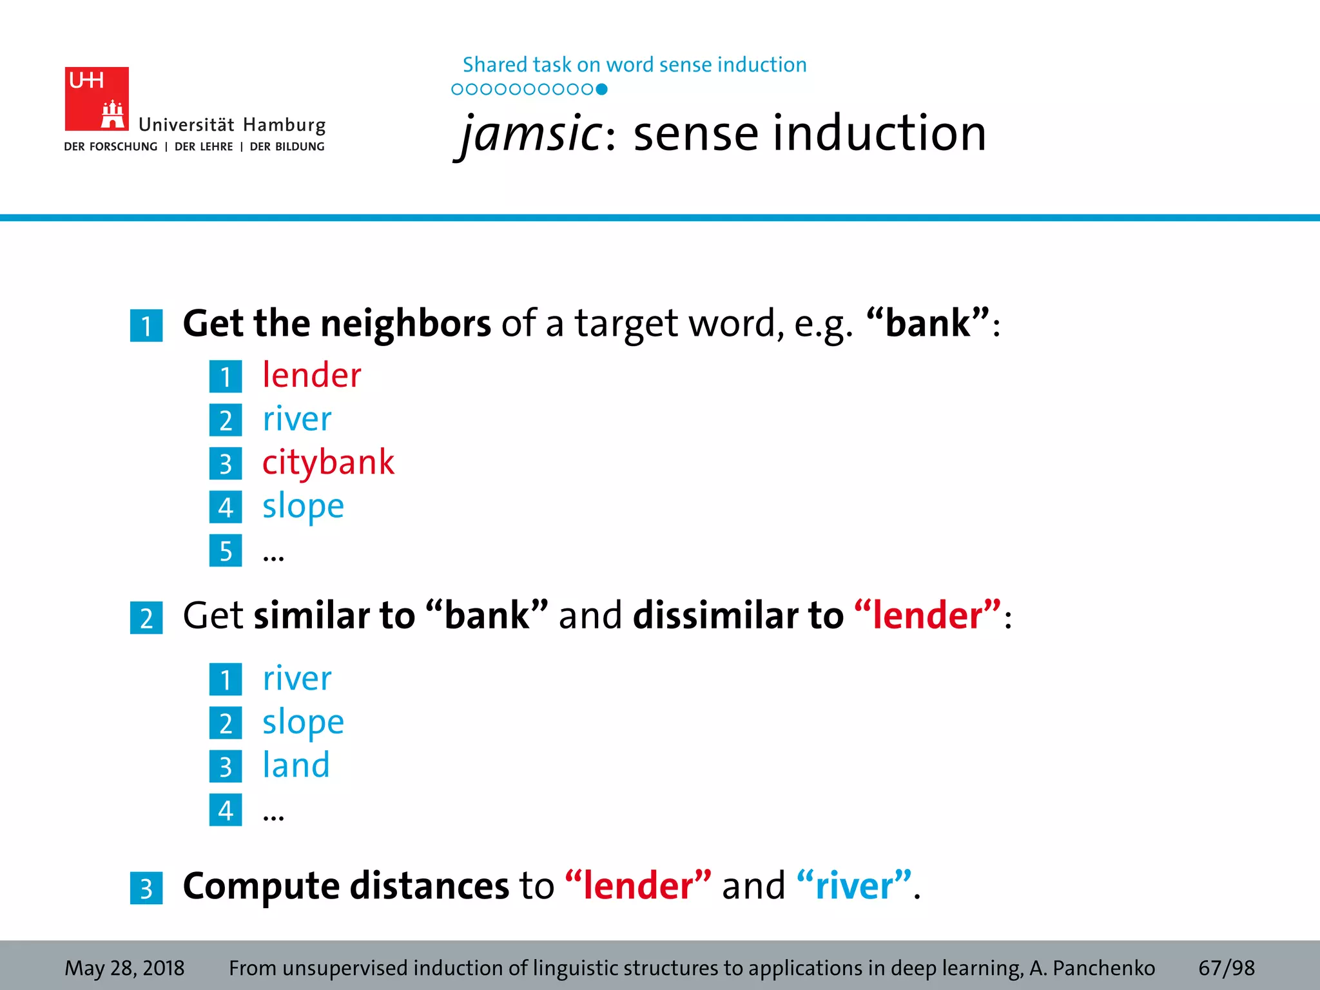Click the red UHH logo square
97,99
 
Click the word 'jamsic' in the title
532,133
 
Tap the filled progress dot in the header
601,90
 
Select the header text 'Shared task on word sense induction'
634,65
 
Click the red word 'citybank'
328,463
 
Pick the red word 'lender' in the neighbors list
312,376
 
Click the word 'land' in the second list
296,766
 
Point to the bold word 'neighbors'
405,323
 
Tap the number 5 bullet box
226,551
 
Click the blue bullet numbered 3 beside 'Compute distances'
146,888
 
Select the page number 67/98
1226,968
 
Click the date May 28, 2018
124,968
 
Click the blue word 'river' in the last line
854,886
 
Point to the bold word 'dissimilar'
738,616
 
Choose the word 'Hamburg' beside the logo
284,125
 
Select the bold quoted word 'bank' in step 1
927,323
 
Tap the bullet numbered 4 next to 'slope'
226,507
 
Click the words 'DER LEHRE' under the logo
204,147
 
